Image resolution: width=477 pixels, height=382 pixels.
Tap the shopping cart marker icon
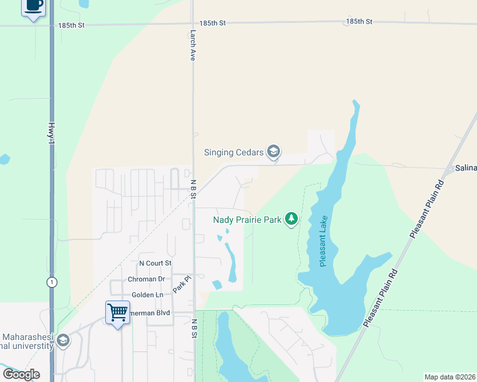point(117,313)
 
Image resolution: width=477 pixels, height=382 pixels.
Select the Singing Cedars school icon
point(274,152)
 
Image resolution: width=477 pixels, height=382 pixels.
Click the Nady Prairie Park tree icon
point(291,220)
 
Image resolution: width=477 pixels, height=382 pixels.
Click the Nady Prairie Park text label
point(247,220)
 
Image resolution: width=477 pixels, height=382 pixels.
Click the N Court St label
point(156,263)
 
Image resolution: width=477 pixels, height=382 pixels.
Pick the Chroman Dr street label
point(146,279)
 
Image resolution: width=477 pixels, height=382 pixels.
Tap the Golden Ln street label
point(147,295)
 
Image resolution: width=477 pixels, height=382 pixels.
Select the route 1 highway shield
point(51,281)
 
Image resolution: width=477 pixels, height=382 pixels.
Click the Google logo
point(21,374)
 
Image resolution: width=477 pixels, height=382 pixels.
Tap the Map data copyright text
point(449,377)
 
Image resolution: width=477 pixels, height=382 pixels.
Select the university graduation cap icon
point(62,341)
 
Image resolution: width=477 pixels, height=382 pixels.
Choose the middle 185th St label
point(212,22)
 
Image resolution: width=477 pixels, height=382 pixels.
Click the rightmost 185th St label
point(359,21)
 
